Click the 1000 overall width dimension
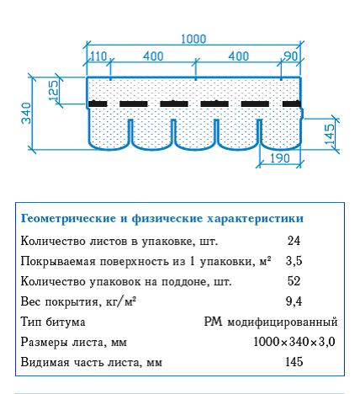tap(193, 39)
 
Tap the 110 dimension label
tap(98, 56)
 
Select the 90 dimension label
tap(291, 56)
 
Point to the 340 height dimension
tap(27, 113)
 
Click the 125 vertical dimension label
tap(53, 90)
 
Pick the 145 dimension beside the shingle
tap(330, 134)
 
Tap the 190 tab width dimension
tap(280, 159)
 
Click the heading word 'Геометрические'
tap(68, 218)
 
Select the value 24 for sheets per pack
tap(294, 241)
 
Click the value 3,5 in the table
tap(294, 261)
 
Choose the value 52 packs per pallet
tap(294, 281)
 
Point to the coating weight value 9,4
tap(294, 301)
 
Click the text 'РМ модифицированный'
tap(271, 322)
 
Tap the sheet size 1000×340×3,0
tap(294, 342)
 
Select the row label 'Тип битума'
tap(53, 322)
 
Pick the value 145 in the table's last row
tap(294, 362)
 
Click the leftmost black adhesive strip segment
tap(98, 104)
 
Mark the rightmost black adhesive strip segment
tap(292, 104)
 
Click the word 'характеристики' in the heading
tap(256, 219)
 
